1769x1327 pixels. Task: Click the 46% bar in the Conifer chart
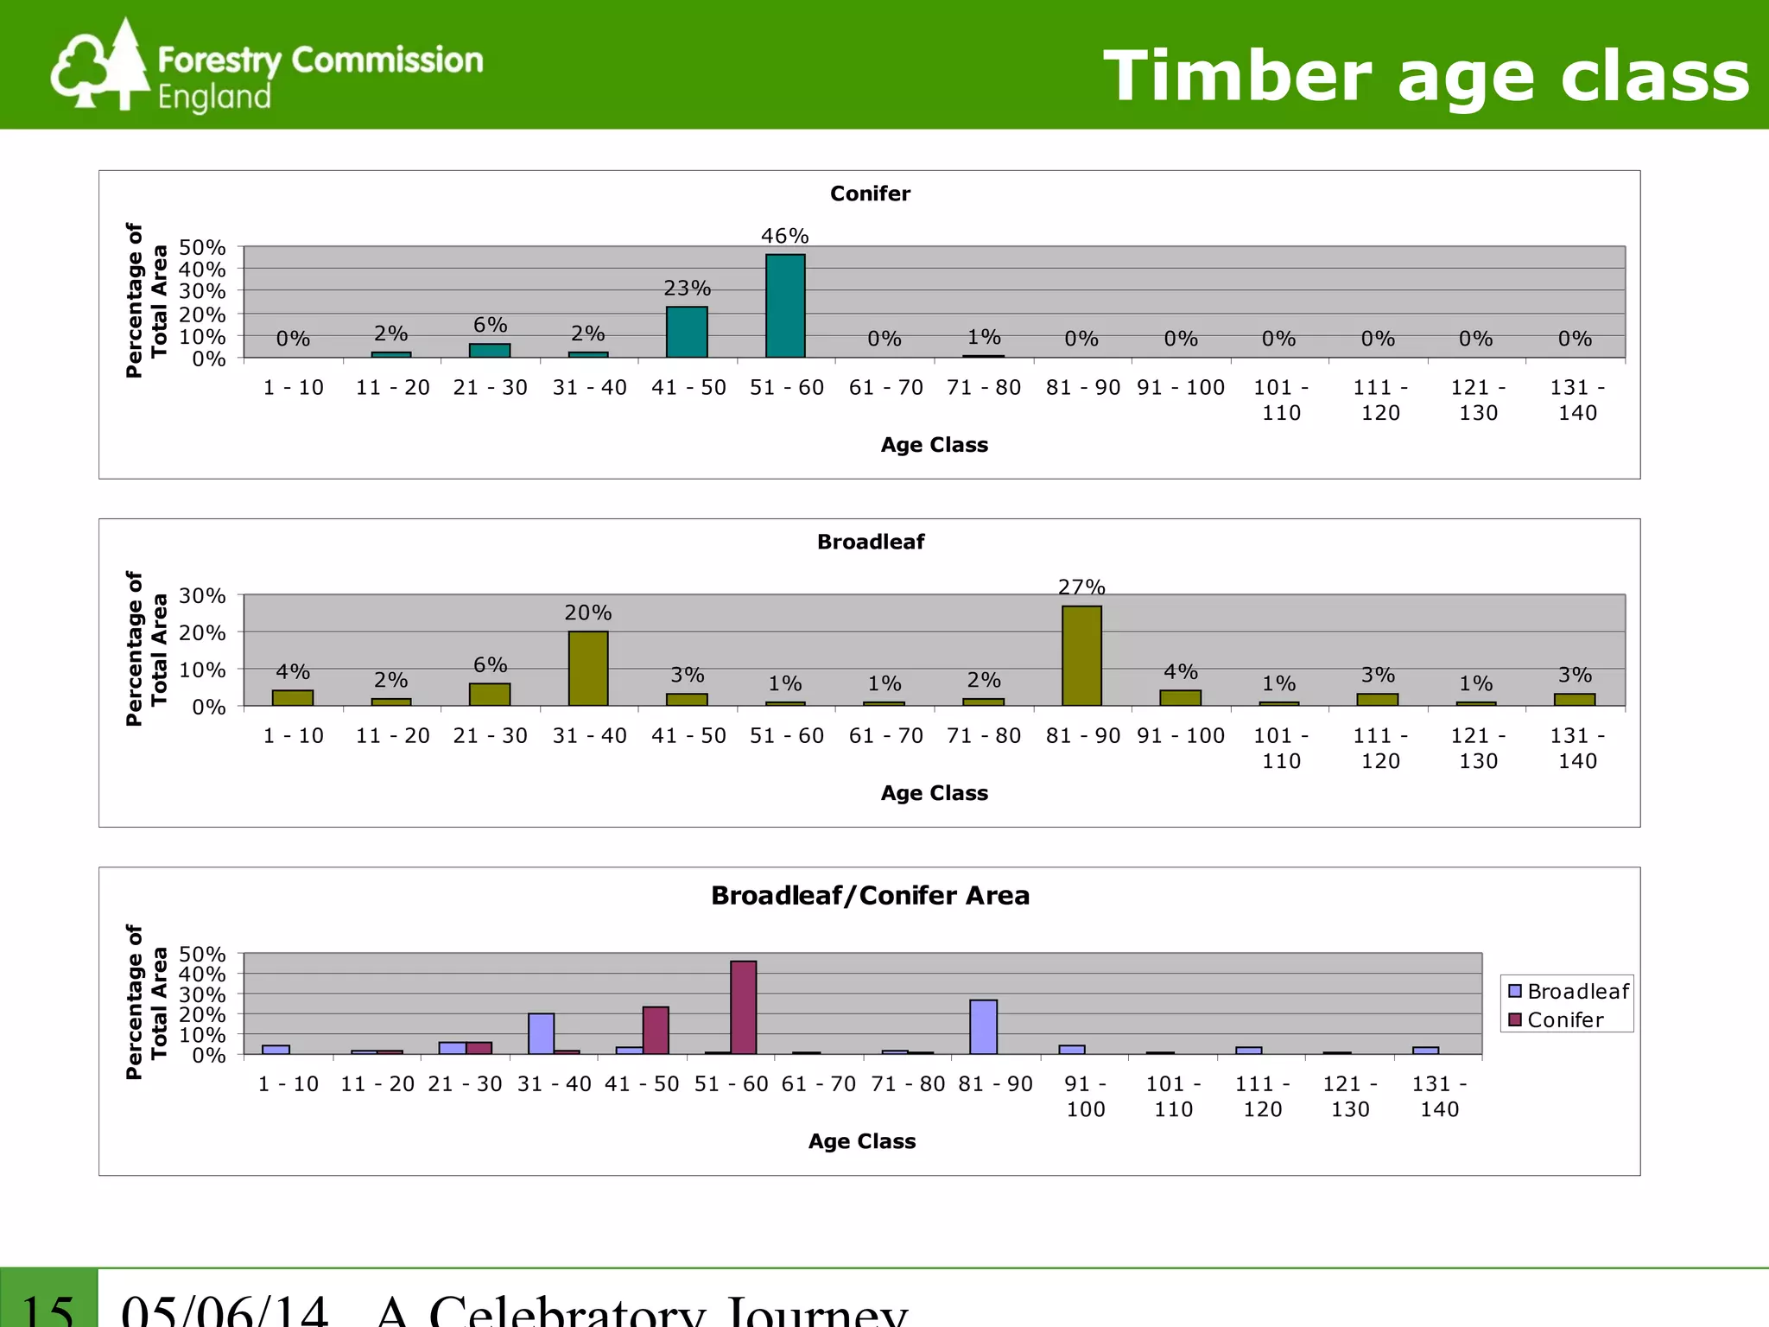[785, 306]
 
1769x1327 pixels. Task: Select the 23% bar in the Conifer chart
[687, 332]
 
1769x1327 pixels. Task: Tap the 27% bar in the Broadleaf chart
[1081, 656]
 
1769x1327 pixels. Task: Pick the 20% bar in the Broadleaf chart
[588, 669]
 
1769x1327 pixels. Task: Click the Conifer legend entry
[1557, 1020]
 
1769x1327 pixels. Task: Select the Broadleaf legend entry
[1569, 991]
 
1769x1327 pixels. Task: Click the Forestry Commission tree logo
[100, 66]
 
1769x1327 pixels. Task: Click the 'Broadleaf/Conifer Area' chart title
[870, 896]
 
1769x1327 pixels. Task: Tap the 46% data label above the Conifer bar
[784, 236]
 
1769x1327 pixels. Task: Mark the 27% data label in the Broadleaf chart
[1081, 587]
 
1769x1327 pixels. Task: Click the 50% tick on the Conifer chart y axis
[202, 248]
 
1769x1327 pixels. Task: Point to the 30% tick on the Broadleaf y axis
[202, 596]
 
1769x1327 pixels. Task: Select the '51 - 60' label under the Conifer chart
[786, 388]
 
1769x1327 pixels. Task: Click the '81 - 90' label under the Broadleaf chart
[1082, 736]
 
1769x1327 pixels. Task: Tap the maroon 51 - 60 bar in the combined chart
[743, 1007]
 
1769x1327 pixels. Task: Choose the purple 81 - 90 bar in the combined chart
[983, 1027]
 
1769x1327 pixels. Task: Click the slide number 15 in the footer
[48, 1310]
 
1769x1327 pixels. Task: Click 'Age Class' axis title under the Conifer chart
[934, 445]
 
